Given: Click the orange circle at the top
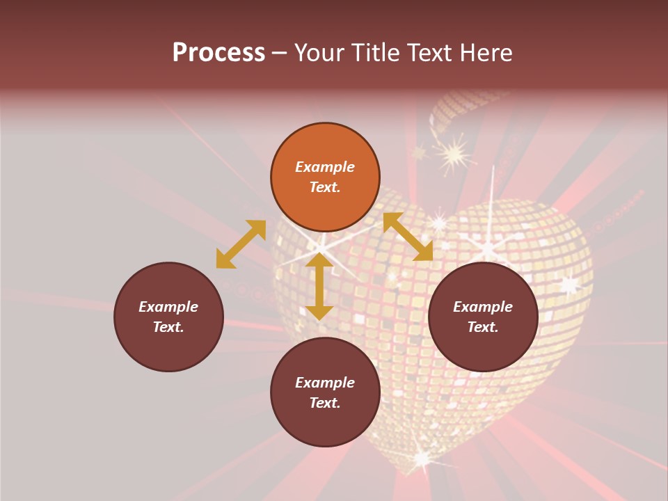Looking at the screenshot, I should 325,177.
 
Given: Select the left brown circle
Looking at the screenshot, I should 168,317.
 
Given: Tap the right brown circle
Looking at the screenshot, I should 483,317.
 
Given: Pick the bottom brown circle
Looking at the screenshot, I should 325,392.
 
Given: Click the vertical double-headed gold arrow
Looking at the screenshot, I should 319,286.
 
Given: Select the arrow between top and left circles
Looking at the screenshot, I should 241,244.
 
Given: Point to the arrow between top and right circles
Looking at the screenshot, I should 408,237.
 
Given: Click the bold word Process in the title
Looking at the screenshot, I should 218,52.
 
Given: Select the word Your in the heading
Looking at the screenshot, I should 319,52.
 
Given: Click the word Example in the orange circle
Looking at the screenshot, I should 325,167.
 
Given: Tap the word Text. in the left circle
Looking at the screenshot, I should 168,327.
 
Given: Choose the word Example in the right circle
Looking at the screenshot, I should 483,307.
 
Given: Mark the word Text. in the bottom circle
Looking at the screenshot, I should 325,403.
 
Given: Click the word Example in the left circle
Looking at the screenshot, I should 168,307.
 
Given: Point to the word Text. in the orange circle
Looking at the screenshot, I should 325,187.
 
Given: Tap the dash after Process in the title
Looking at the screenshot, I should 280,53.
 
